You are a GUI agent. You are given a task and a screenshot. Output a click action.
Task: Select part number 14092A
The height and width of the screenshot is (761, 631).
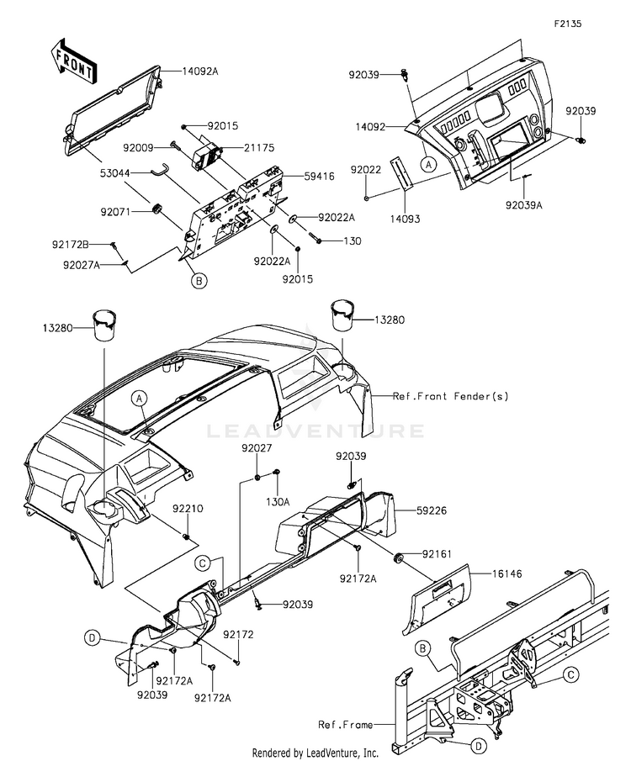[x=200, y=71]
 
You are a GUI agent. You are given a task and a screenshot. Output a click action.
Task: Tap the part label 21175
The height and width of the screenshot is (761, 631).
[x=259, y=147]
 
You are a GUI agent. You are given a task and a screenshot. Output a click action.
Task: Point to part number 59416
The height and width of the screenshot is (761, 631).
[x=319, y=177]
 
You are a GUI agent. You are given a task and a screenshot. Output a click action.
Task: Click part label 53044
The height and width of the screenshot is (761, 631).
[x=115, y=172]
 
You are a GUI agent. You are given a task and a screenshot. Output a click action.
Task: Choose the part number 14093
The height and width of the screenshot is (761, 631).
[x=405, y=219]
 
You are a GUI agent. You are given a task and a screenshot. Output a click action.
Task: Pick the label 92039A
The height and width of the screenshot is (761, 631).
[x=523, y=205]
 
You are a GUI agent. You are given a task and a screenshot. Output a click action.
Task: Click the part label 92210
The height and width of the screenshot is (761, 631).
[x=188, y=509]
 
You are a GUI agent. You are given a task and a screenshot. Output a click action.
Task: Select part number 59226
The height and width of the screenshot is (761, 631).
[x=432, y=510]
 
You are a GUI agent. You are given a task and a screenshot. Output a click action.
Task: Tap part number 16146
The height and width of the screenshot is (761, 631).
[x=506, y=573]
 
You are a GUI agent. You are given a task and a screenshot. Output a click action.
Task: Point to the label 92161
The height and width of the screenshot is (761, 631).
[x=437, y=554]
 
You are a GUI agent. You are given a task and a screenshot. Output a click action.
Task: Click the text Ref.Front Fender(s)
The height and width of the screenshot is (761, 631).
[x=451, y=396]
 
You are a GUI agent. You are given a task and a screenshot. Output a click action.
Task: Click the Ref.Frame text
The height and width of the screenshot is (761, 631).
[x=346, y=725]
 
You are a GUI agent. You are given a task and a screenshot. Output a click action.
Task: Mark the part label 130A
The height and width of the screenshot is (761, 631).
[x=278, y=502]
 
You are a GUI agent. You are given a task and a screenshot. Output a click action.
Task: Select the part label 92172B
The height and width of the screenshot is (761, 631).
[x=71, y=245]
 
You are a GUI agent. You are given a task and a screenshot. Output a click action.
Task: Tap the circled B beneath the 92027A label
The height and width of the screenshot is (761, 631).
[x=199, y=281]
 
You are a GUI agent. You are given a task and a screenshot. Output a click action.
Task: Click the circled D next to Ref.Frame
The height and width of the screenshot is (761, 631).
[x=478, y=746]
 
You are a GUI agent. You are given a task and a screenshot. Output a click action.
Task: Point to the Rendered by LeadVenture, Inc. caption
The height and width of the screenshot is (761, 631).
[x=315, y=753]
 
